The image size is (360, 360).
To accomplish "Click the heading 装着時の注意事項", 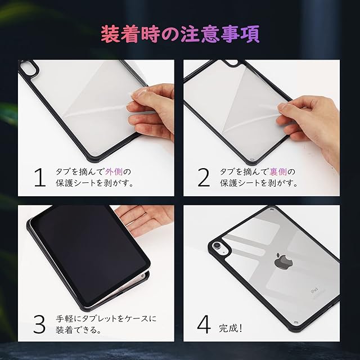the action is point(180,34).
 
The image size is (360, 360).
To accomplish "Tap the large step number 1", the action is point(40,177).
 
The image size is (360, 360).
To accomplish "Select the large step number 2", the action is point(204,177).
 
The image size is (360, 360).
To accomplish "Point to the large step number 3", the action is point(39,324).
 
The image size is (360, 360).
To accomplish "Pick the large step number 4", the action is point(204,324).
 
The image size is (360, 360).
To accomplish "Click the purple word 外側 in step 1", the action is point(114,172).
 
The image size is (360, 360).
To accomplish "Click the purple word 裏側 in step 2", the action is point(278,172).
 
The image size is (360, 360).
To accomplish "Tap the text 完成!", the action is point(231,328).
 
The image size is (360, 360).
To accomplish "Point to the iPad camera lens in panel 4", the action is point(217,246).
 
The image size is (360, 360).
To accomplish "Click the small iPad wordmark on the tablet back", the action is point(314,290).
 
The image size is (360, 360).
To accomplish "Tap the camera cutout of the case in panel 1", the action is point(28,66).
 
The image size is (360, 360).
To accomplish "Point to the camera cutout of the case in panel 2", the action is point(231,62).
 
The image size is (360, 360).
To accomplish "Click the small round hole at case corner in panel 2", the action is point(253,159).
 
